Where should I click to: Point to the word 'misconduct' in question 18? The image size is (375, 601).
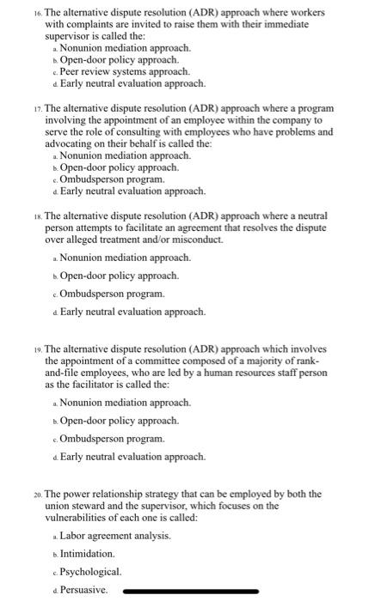pyautogui.click(x=195, y=240)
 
